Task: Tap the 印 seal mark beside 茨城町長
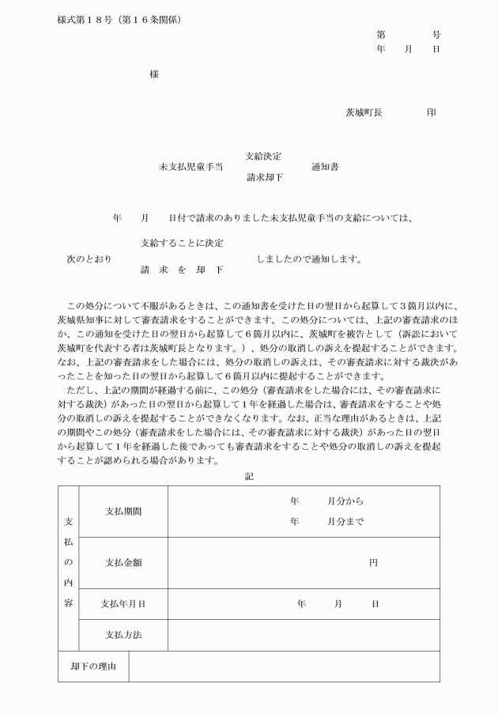coord(431,113)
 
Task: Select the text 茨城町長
coord(364,113)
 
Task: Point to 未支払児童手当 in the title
coord(191,167)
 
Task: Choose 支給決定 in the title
coord(264,156)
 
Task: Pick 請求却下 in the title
coord(264,178)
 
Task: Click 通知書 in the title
coord(325,167)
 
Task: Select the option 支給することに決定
coord(181,243)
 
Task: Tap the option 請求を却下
coord(181,270)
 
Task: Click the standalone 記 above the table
coord(249,476)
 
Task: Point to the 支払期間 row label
coord(123,512)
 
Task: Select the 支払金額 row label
coord(123,563)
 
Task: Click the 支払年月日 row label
coord(123,604)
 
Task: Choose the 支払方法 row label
coord(123,635)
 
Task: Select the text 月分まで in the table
coord(346,522)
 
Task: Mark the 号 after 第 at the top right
coord(436,36)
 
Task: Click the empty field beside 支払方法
coord(303,635)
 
